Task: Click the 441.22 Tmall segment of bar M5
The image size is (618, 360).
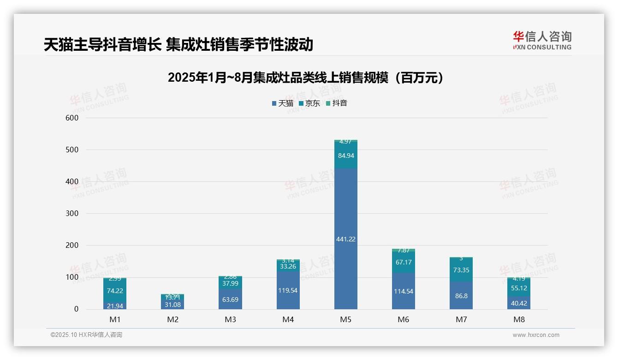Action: (x=345, y=239)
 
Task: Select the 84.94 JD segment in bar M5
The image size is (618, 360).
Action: (x=345, y=156)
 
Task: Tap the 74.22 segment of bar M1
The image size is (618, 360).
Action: (x=115, y=290)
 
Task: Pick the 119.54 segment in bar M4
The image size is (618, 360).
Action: (x=288, y=290)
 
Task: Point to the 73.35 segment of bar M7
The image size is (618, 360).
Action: (x=461, y=270)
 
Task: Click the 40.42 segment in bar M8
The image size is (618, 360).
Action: (x=518, y=303)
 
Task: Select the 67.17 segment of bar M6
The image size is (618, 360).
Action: (x=403, y=262)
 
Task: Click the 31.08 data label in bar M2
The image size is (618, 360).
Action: (x=172, y=305)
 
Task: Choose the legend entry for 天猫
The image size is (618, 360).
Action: (x=283, y=103)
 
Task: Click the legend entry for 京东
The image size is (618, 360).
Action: (x=309, y=103)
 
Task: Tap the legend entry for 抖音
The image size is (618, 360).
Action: (x=337, y=103)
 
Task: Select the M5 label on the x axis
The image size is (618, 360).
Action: (x=345, y=319)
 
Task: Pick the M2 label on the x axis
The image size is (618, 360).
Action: (x=172, y=319)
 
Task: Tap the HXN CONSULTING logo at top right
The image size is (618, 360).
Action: (x=542, y=41)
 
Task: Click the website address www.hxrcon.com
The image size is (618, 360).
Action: (x=536, y=335)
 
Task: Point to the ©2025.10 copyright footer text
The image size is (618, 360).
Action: (x=86, y=335)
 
